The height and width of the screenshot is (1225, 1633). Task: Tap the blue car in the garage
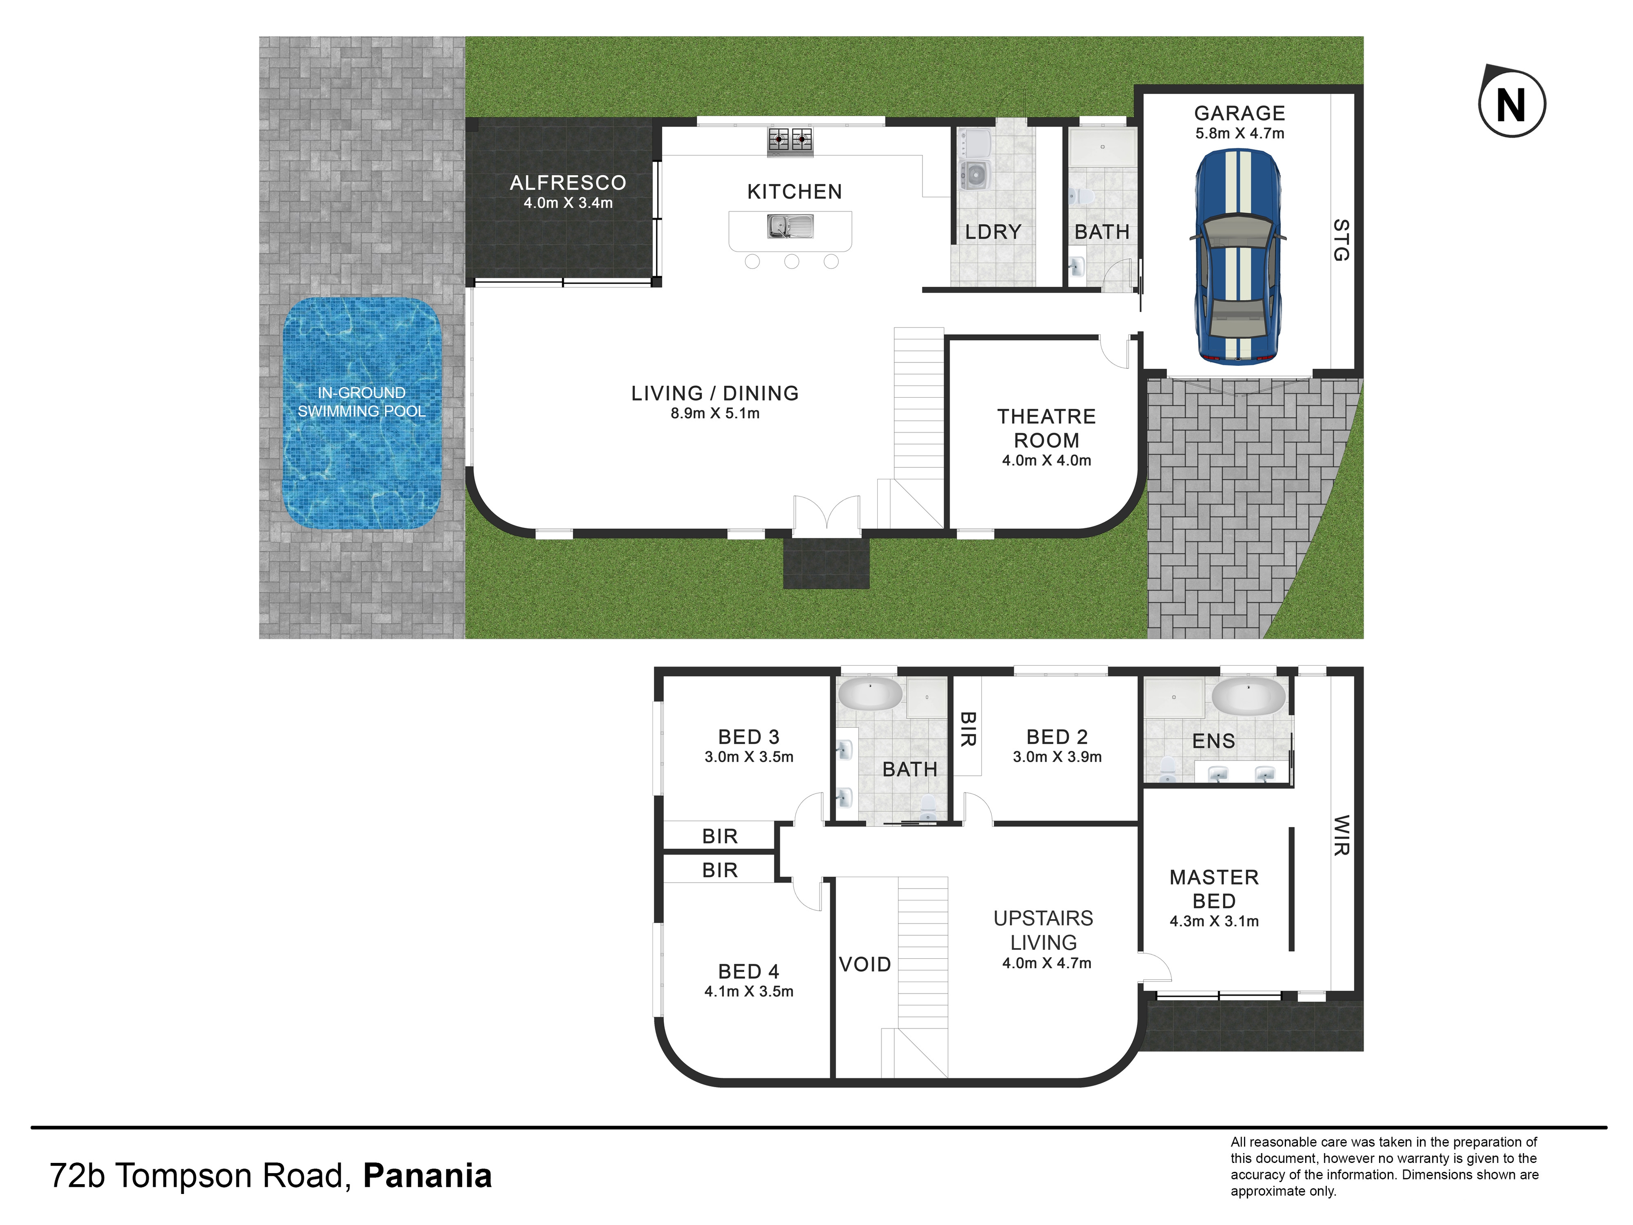click(x=1238, y=256)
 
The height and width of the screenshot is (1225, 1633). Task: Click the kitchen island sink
click(x=790, y=226)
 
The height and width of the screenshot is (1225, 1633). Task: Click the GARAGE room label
click(x=1240, y=113)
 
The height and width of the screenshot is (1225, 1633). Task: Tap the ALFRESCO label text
click(x=568, y=182)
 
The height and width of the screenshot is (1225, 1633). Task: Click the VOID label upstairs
click(x=865, y=964)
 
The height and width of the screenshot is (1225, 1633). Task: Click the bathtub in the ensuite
click(x=1249, y=695)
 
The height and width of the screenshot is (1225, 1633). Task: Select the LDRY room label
click(x=993, y=232)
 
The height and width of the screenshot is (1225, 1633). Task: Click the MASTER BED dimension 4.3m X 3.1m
click(x=1214, y=921)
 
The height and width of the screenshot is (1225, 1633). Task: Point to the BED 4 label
click(x=748, y=971)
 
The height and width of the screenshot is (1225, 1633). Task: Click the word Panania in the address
click(x=427, y=1176)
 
